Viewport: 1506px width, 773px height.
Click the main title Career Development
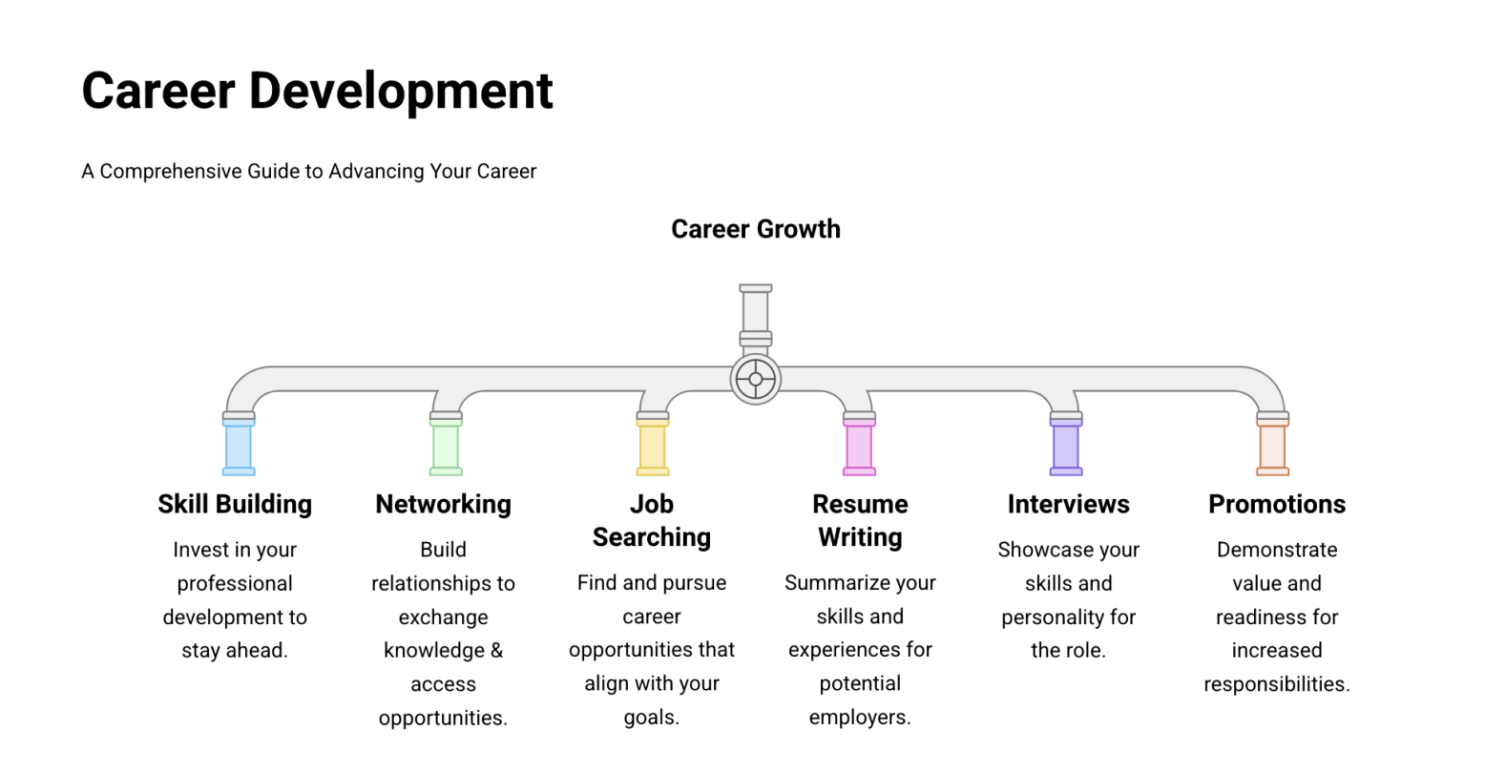pyautogui.click(x=317, y=91)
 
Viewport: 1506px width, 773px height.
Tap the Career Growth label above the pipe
pyautogui.click(x=756, y=229)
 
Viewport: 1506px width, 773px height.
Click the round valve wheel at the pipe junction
pyautogui.click(x=756, y=379)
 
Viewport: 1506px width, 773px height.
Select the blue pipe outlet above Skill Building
pyautogui.click(x=239, y=447)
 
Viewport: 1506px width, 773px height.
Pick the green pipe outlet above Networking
pyautogui.click(x=446, y=447)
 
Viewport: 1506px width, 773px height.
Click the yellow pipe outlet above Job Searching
pyautogui.click(x=653, y=447)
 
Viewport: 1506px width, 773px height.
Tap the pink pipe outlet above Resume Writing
pyautogui.click(x=859, y=447)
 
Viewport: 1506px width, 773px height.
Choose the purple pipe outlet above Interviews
pyautogui.click(x=1066, y=447)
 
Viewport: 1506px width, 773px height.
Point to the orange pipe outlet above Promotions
pyautogui.click(x=1273, y=447)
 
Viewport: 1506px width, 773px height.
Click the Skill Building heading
pyautogui.click(x=235, y=504)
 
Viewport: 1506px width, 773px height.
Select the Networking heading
pyautogui.click(x=443, y=504)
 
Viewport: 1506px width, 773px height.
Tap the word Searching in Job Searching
pyautogui.click(x=652, y=537)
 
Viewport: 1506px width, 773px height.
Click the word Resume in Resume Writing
pyautogui.click(x=860, y=504)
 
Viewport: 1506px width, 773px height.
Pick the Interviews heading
pyautogui.click(x=1068, y=504)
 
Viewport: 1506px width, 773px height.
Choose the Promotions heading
pyautogui.click(x=1277, y=504)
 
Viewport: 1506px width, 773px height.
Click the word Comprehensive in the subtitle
pyautogui.click(x=170, y=172)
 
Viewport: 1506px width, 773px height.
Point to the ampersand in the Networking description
pyautogui.click(x=496, y=651)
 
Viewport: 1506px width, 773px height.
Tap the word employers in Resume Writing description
pyautogui.click(x=860, y=718)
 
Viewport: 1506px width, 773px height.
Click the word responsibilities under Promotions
pyautogui.click(x=1277, y=684)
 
